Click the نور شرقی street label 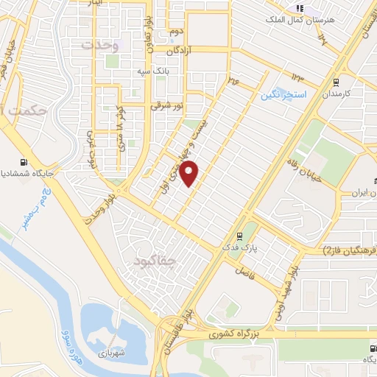(166, 106)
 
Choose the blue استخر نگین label (283, 94)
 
